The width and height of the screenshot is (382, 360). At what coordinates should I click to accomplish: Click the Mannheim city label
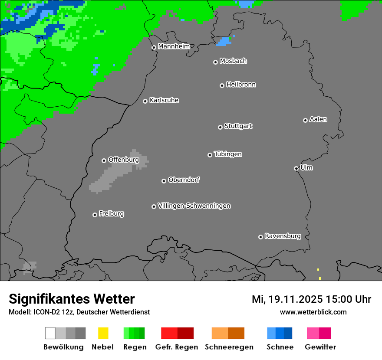tap(174, 46)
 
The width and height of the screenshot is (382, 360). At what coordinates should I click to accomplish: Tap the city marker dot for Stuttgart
tap(220, 127)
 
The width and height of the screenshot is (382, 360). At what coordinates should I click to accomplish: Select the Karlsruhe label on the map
tap(164, 100)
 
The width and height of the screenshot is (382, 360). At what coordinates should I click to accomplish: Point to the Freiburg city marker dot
tap(95, 215)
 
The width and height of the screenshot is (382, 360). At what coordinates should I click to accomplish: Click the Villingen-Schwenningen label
tap(194, 206)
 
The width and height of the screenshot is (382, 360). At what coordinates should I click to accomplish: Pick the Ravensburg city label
tap(283, 236)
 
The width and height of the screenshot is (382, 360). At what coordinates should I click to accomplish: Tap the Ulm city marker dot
tap(296, 168)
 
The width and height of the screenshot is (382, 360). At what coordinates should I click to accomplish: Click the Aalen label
tap(318, 119)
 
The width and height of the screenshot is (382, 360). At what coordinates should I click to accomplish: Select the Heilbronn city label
tap(241, 85)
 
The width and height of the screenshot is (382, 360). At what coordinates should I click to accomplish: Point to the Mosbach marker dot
tap(215, 62)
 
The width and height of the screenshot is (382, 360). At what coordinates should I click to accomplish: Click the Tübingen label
tap(228, 154)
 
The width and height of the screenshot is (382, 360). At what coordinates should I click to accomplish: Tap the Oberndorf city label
tap(184, 180)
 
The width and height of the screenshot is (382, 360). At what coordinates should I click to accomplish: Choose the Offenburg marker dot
tap(104, 160)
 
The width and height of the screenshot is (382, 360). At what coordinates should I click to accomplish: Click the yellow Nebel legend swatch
tap(103, 333)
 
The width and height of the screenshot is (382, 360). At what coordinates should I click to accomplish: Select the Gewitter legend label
tap(320, 347)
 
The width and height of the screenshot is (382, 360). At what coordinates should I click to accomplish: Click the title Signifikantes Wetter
tap(72, 299)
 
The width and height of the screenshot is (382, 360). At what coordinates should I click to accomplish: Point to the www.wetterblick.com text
tap(313, 312)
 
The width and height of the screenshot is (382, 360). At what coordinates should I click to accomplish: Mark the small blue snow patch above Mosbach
tap(224, 42)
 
